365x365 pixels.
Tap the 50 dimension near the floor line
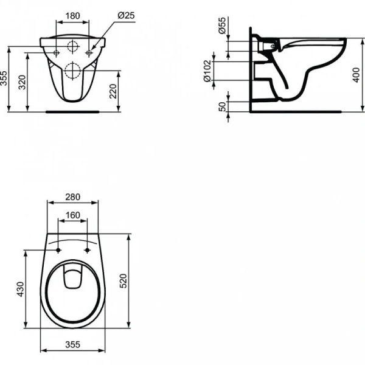[x=222, y=106]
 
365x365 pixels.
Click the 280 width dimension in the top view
[x=72, y=198]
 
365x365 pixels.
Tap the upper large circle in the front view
[x=72, y=46]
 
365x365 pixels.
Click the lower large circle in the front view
[x=72, y=70]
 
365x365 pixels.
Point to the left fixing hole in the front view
[x=56, y=54]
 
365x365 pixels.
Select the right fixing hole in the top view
[x=89, y=251]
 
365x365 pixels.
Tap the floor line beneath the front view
[x=72, y=111]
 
